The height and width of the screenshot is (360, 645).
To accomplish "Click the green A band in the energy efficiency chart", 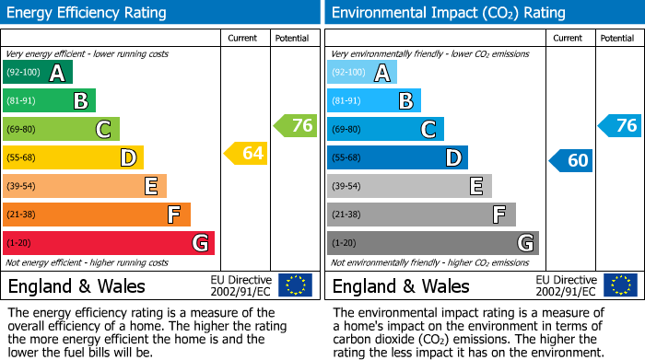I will pyautogui.click(x=37, y=73).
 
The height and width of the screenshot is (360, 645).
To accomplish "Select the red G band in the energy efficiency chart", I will pyautogui.click(x=108, y=243).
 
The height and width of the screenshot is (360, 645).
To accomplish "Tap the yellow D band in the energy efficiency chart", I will pyautogui.click(x=73, y=158).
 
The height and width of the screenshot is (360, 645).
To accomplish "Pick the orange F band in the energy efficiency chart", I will pyautogui.click(x=96, y=215).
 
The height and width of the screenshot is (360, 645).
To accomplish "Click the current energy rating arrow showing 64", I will pyautogui.click(x=246, y=153).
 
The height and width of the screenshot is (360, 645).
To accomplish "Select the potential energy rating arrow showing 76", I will pyautogui.click(x=296, y=125).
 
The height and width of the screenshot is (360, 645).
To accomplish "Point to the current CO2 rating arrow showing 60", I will pyautogui.click(x=570, y=160).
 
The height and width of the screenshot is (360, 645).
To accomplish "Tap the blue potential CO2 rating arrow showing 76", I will pyautogui.click(x=620, y=125).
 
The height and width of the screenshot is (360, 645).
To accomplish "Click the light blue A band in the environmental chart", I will pyautogui.click(x=361, y=73).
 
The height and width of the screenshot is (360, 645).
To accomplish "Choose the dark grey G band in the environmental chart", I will pyautogui.click(x=432, y=243).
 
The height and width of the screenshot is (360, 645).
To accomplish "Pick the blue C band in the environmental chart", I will pyautogui.click(x=385, y=130).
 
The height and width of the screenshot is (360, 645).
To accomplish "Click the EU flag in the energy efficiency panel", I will pyautogui.click(x=295, y=285).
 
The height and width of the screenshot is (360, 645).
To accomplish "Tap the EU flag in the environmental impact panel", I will pyautogui.click(x=620, y=285).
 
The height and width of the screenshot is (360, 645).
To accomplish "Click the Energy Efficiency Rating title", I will pyautogui.click(x=88, y=13).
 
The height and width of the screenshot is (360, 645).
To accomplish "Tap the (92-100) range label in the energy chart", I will pyautogui.click(x=23, y=73).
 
